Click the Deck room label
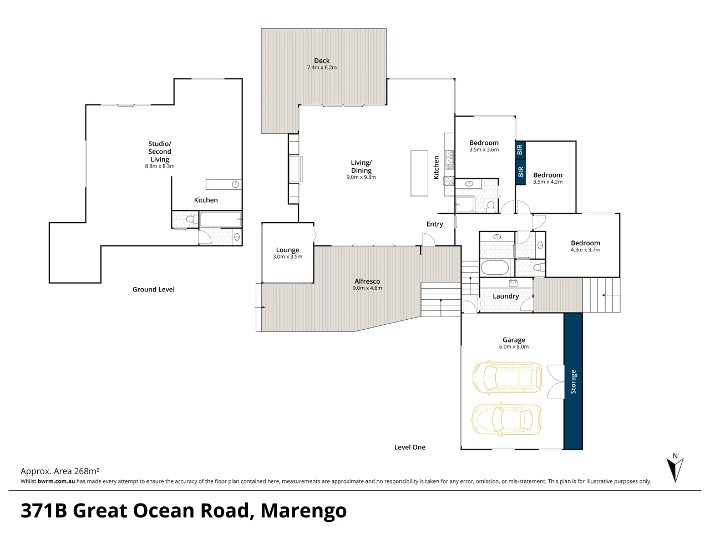pos(322,61)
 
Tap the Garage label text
pos(514,340)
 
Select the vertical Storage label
pos(573,381)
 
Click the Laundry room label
pos(505,296)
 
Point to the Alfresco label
pos(367,281)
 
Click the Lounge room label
pos(287,250)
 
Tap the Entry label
pos(434,224)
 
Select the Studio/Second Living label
pos(160,152)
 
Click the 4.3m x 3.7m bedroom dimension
pos(585,250)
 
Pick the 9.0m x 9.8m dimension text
pos(361,177)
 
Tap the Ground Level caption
pos(153,289)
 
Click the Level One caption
pos(409,447)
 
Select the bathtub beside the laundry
pos(495,268)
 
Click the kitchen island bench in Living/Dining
pos(419,173)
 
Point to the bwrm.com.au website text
pos(56,481)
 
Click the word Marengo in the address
pos(303,511)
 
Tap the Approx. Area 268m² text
pos(60,471)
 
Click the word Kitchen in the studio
pos(206,200)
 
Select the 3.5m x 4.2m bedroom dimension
pos(547,182)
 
